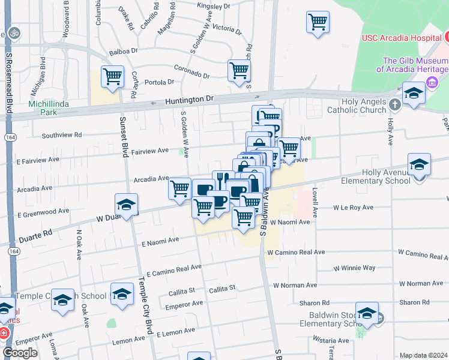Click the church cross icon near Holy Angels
(394, 104)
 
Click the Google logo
(20, 353)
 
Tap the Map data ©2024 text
(423, 355)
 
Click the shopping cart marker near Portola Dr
(112, 77)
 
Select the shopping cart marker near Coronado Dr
(239, 70)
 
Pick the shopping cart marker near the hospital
(318, 22)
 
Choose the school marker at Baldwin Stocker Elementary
(367, 313)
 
